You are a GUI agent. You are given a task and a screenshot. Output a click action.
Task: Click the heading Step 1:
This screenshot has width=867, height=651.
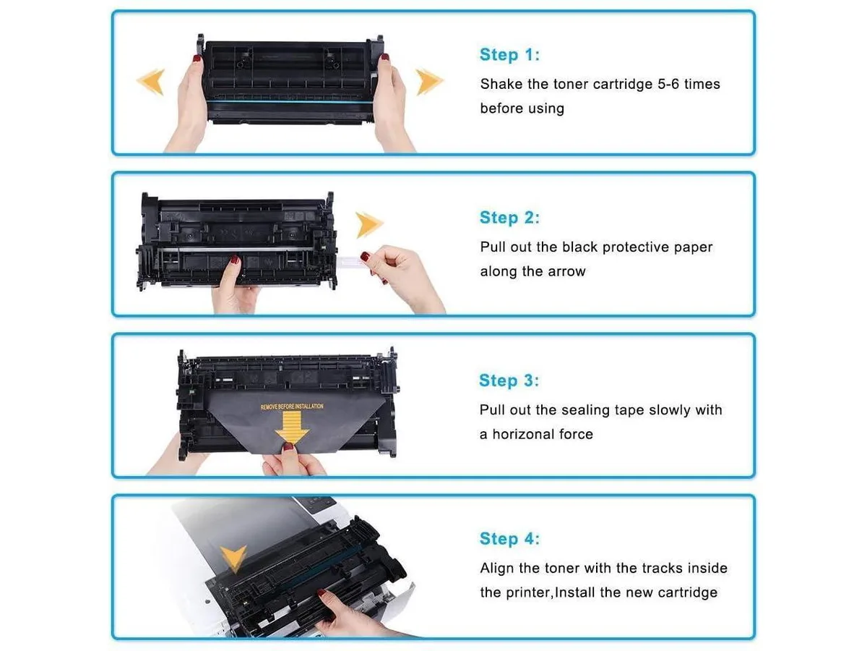[x=509, y=54]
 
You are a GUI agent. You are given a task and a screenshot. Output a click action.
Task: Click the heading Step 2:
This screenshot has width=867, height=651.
[x=509, y=218]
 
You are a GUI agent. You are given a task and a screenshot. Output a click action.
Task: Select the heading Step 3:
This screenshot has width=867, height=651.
[x=509, y=380]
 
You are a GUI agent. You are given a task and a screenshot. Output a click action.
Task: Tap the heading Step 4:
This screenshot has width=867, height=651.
[x=509, y=538]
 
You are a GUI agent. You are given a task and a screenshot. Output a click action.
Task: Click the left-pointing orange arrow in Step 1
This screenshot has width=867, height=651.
[x=151, y=82]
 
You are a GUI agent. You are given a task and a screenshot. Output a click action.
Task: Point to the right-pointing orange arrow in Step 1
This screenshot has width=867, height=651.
[x=429, y=82]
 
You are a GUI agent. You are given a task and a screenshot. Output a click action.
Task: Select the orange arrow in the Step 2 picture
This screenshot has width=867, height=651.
[x=369, y=225]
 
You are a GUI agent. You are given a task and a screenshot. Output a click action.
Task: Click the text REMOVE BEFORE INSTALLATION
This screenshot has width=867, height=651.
[x=292, y=407]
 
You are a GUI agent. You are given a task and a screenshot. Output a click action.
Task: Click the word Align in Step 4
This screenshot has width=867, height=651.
[x=497, y=569]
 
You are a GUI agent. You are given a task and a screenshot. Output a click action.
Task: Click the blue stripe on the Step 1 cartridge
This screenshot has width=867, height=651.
[x=290, y=101]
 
